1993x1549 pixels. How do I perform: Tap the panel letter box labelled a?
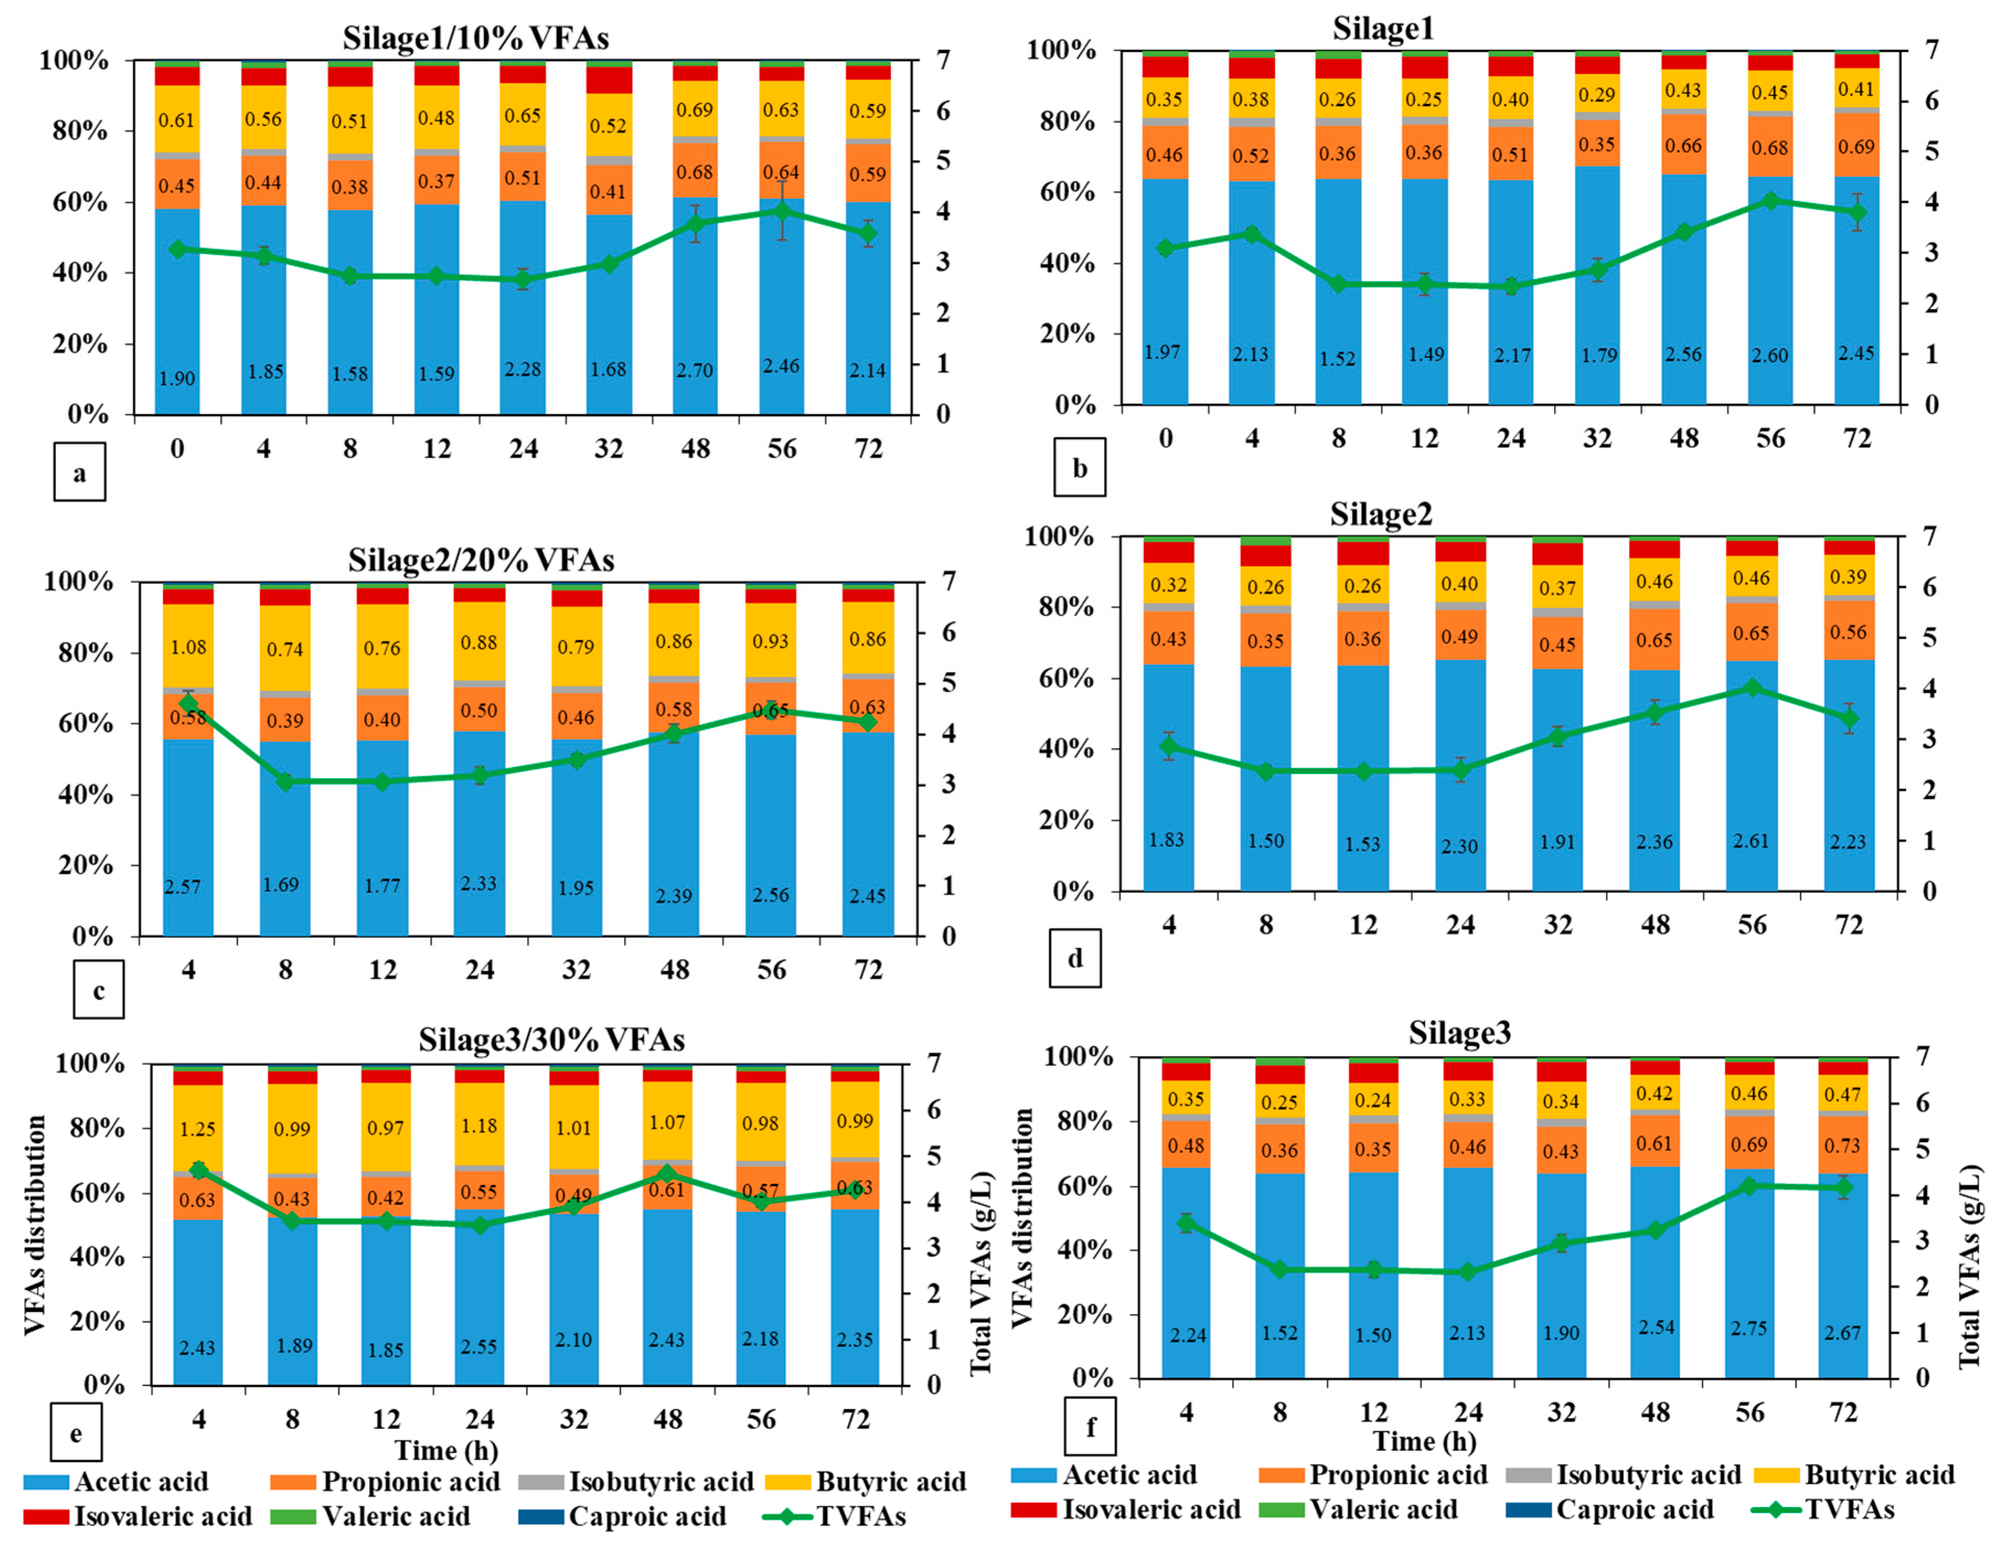[80, 472]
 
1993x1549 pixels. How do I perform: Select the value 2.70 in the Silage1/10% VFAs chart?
[694, 370]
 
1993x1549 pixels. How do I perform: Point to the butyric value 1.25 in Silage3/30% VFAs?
[197, 1129]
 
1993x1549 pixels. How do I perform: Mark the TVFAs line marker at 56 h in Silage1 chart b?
[1770, 201]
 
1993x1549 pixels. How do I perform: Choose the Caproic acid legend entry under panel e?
[623, 1516]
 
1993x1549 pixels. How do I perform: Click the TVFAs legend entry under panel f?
[1823, 1510]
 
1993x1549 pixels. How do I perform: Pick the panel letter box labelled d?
[1075, 958]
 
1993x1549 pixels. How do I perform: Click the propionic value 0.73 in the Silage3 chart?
[1843, 1146]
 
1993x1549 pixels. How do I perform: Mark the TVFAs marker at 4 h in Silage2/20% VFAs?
[189, 703]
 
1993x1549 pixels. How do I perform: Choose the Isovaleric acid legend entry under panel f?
[1126, 1510]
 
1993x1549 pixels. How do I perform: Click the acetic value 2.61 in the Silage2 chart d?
[1751, 841]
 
